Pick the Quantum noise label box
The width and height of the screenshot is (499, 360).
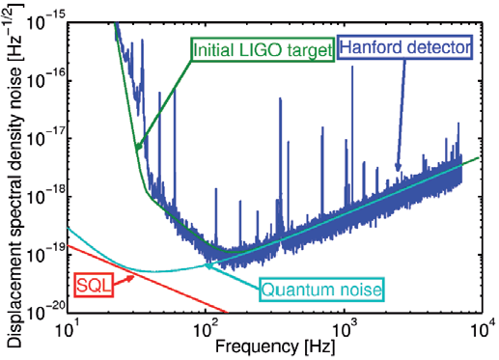(321, 289)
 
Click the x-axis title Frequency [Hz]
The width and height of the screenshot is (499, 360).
(275, 346)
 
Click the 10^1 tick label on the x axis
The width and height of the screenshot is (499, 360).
(68, 331)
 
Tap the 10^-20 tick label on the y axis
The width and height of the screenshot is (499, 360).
(44, 314)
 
